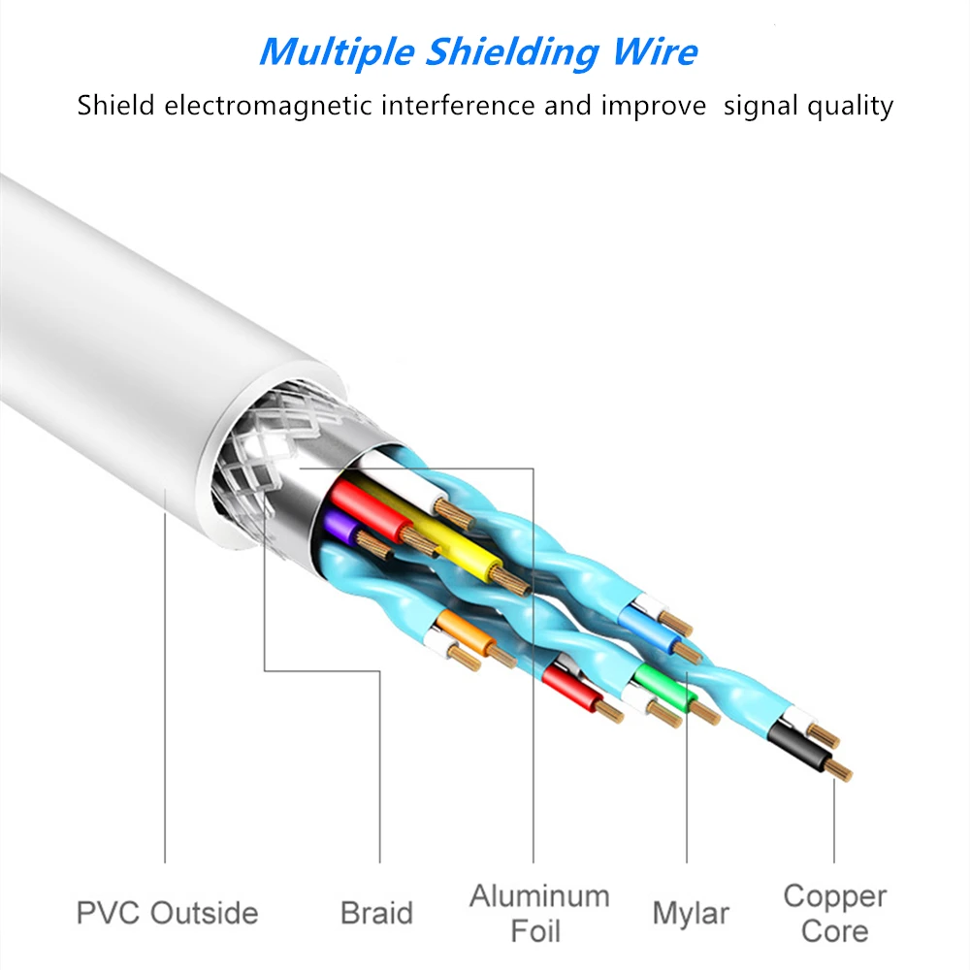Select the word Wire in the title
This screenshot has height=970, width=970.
click(661, 50)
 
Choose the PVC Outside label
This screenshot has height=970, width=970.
click(167, 913)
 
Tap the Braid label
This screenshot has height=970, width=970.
click(376, 913)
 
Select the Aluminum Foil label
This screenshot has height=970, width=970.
click(539, 913)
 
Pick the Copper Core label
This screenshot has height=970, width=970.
click(834, 913)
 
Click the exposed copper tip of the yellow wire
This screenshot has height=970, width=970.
click(513, 581)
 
